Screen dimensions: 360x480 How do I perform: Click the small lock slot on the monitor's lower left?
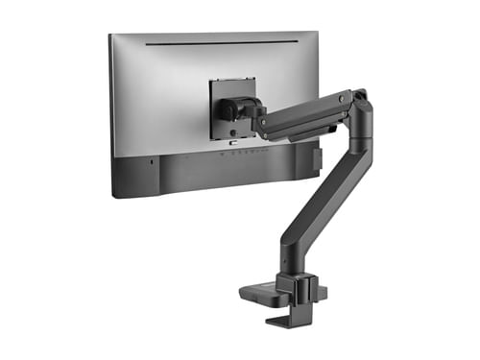tap(152, 161)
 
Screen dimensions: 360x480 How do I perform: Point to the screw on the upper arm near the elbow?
tap(344, 96)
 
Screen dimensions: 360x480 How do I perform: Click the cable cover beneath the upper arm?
tap(298, 130)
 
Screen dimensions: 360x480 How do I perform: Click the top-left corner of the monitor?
tap(110, 36)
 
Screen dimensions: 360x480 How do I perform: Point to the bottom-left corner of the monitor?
tap(114, 195)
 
